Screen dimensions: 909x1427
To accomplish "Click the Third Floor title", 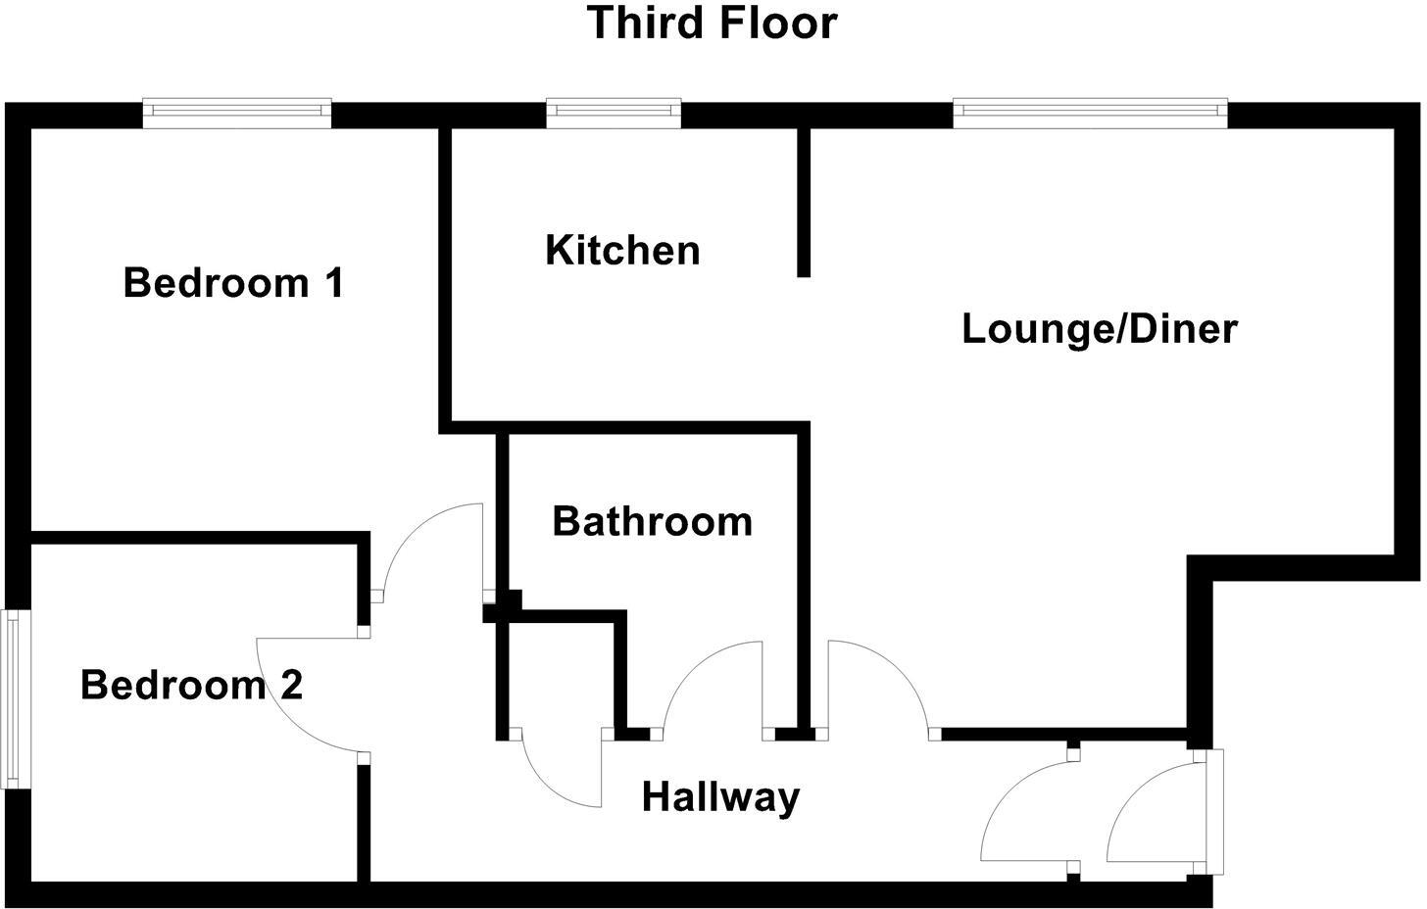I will [x=713, y=24].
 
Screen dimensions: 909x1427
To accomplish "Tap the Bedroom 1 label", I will [x=233, y=283].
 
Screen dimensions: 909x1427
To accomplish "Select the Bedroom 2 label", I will [x=191, y=685].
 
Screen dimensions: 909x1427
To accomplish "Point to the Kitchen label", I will [x=622, y=250].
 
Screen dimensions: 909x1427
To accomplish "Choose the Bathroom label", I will [x=652, y=521].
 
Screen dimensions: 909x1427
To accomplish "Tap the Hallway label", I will [x=720, y=797].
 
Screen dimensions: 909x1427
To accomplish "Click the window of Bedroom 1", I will [x=237, y=113].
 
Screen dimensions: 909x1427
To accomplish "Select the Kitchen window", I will [x=614, y=113].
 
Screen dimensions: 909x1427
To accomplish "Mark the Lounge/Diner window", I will [x=1090, y=113].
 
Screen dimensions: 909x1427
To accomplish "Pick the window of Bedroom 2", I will [x=14, y=699].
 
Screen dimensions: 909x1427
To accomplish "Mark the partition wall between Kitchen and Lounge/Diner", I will [x=803, y=201].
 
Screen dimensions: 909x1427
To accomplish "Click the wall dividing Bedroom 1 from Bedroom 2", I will [x=196, y=537].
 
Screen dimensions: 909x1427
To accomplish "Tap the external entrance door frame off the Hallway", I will [x=1215, y=811].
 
